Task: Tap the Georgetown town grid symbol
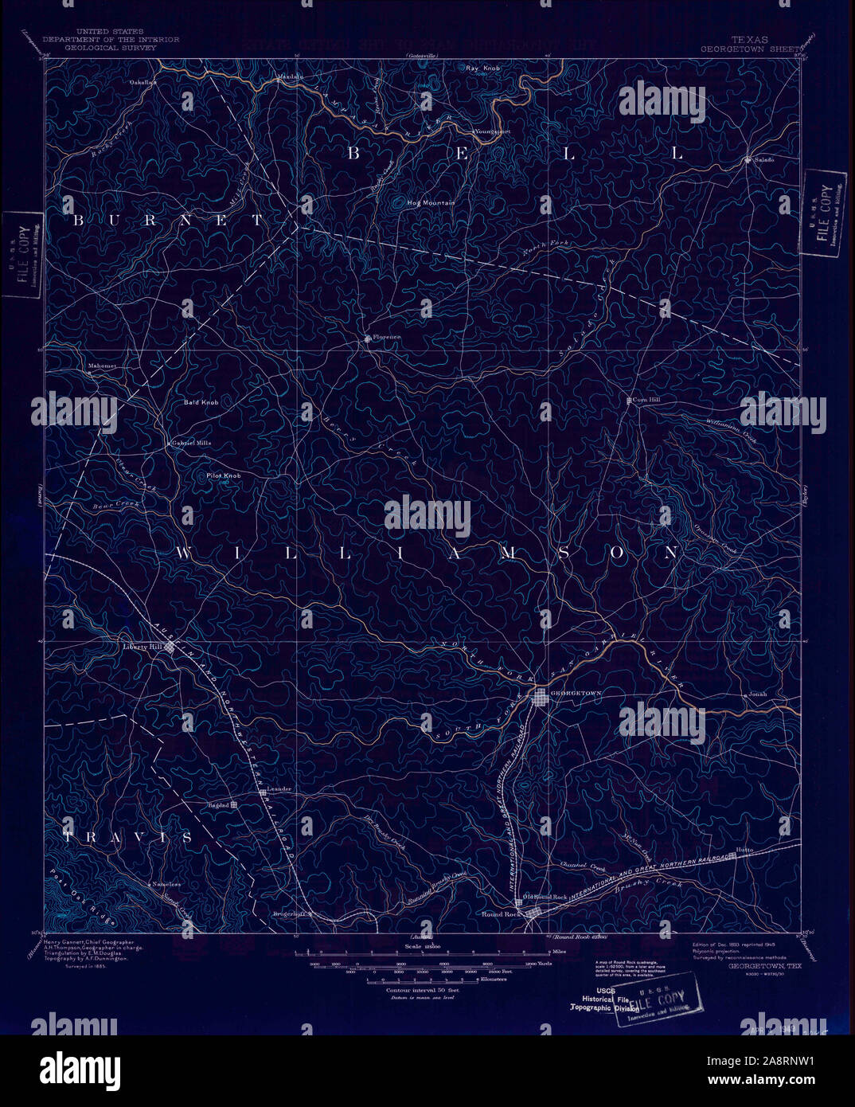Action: [541, 698]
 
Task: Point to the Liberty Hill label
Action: [142, 647]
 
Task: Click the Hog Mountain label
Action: [431, 203]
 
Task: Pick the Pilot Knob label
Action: [224, 475]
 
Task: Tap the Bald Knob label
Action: [201, 403]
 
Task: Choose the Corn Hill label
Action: [646, 400]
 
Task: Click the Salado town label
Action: [764, 159]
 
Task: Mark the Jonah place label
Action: [757, 694]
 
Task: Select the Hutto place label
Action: [744, 851]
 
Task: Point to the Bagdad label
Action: [218, 805]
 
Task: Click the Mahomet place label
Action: [102, 366]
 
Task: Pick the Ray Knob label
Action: [483, 68]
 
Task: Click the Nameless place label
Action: [168, 885]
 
